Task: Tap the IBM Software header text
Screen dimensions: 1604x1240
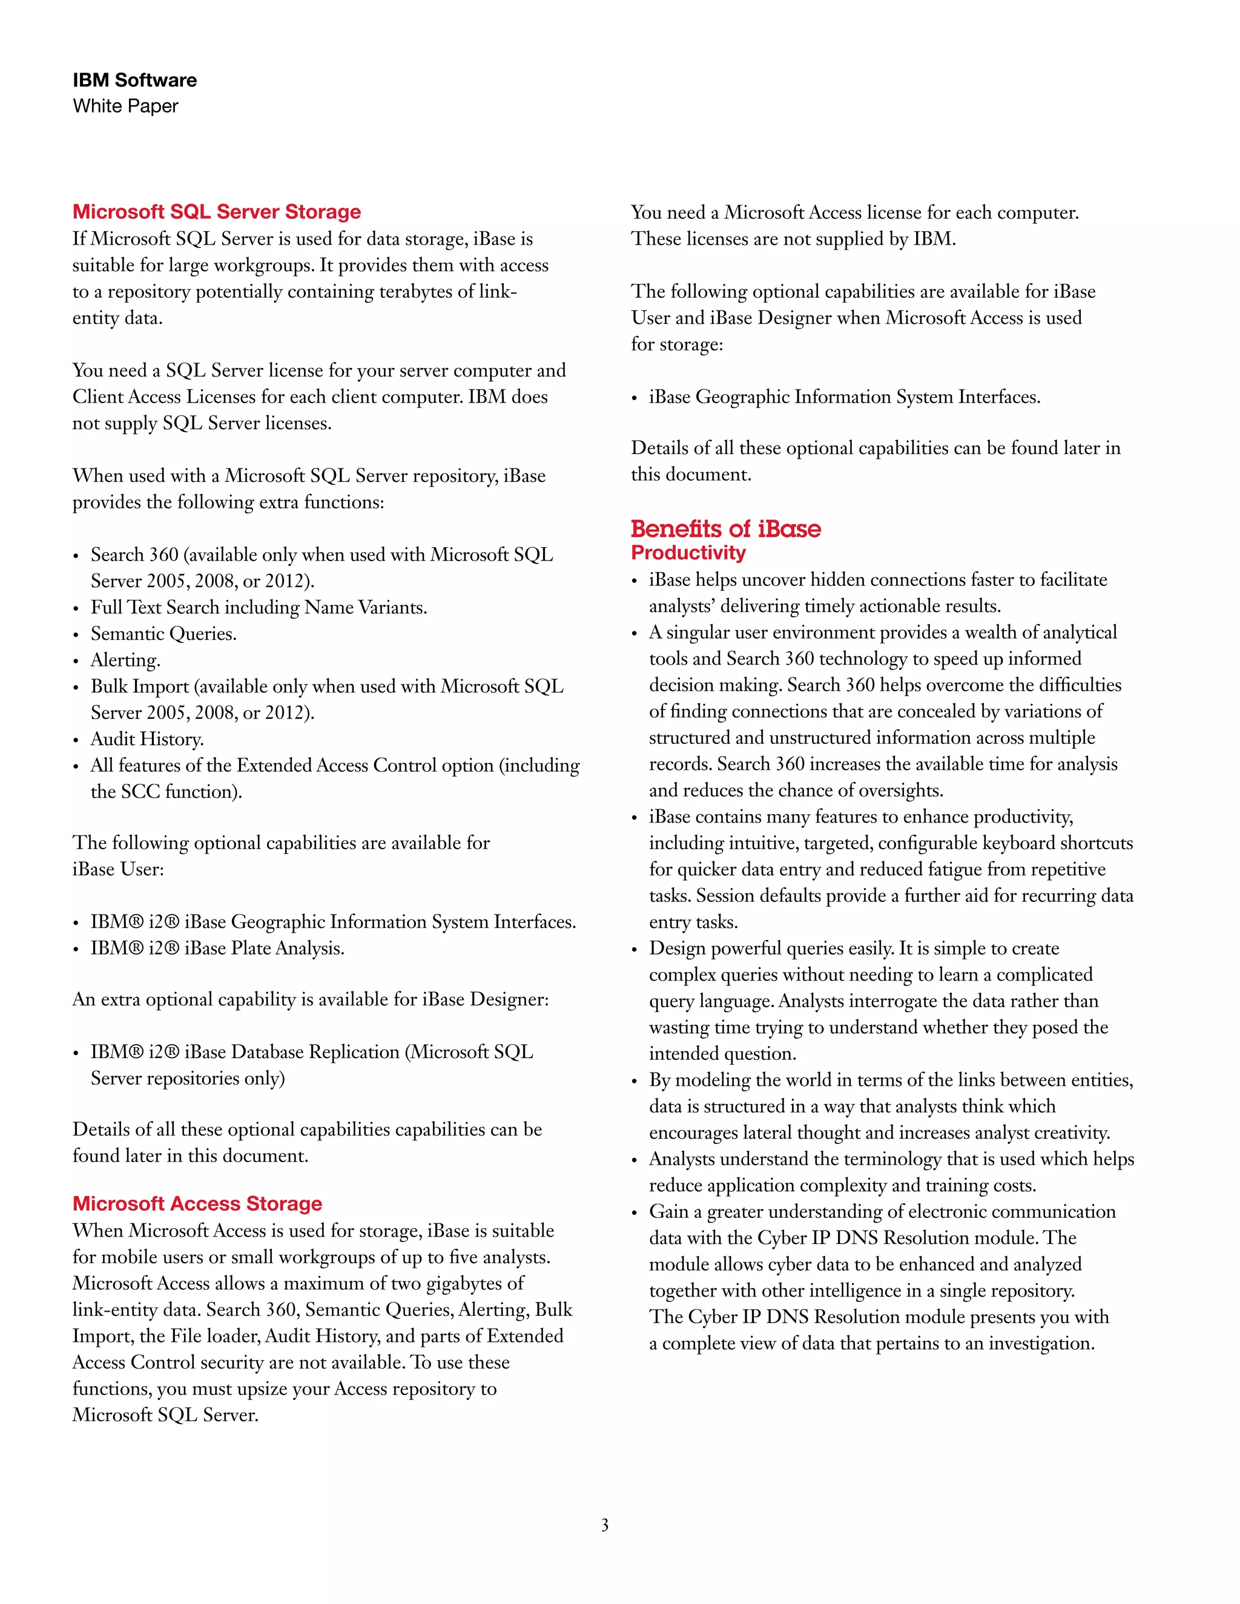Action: (134, 80)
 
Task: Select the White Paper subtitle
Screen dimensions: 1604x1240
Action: (125, 106)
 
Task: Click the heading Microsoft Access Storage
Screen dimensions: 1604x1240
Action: (197, 1203)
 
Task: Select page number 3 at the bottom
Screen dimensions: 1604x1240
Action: (605, 1525)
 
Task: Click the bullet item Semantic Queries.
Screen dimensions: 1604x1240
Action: (163, 633)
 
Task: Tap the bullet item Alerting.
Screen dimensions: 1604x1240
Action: (125, 660)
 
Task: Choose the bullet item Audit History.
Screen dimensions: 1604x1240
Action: (147, 739)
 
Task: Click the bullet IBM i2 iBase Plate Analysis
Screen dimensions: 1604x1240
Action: (217, 948)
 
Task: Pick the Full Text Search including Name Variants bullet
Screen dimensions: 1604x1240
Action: (259, 607)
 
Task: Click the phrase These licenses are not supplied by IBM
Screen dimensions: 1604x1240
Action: (793, 238)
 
